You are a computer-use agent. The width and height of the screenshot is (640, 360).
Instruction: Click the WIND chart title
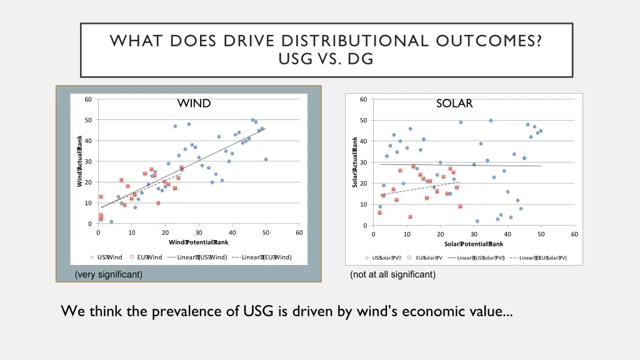pos(194,103)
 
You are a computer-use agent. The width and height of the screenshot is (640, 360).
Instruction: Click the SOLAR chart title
pos(455,103)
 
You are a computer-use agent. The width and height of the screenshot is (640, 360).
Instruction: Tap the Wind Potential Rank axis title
pos(199,242)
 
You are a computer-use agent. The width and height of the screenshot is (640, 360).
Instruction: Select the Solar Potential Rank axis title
pos(474,244)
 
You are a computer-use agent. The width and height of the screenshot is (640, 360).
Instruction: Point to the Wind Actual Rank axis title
pos(80,161)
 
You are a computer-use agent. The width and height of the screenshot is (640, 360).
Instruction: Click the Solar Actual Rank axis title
pos(355,162)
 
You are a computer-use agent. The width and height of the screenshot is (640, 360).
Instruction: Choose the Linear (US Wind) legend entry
pos(198,257)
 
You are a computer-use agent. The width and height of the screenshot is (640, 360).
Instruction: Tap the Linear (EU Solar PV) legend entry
pos(538,258)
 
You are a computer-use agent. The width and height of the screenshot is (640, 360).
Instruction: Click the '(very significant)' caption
pos(108,274)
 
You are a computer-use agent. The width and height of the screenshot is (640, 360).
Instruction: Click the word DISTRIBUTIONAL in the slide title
pos(346,42)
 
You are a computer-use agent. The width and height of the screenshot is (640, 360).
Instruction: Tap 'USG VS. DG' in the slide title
pos(326,59)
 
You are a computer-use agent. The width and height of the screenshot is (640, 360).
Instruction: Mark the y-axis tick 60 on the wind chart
pos(89,99)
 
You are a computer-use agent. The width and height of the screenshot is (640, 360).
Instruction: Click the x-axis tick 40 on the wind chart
pos(232,233)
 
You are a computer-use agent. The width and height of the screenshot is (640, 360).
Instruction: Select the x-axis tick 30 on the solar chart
pos(474,234)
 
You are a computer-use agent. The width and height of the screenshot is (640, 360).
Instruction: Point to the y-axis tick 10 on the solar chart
pos(364,204)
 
